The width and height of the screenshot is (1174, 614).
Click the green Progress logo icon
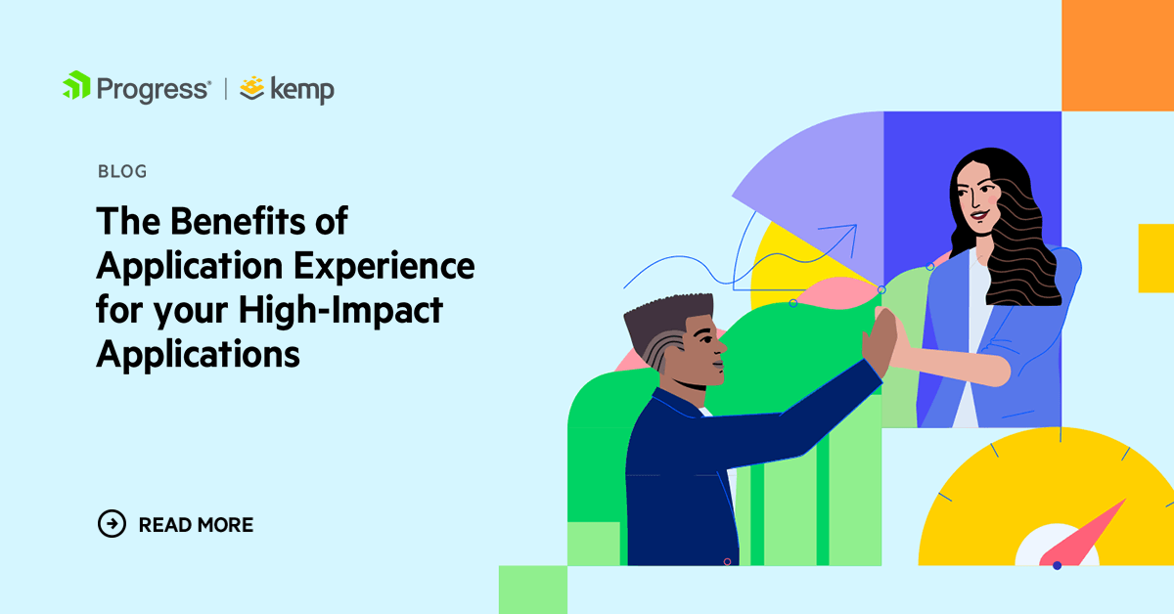click(76, 86)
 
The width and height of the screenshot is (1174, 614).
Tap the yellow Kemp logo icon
click(252, 88)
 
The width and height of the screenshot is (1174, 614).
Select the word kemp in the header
click(302, 91)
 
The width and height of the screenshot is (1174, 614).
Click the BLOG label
click(122, 172)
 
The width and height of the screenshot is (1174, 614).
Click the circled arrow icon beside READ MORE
click(113, 524)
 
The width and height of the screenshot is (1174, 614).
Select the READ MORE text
click(196, 525)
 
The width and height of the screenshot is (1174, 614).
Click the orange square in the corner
click(1117, 54)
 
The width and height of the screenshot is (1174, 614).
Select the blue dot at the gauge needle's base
click(1057, 565)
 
